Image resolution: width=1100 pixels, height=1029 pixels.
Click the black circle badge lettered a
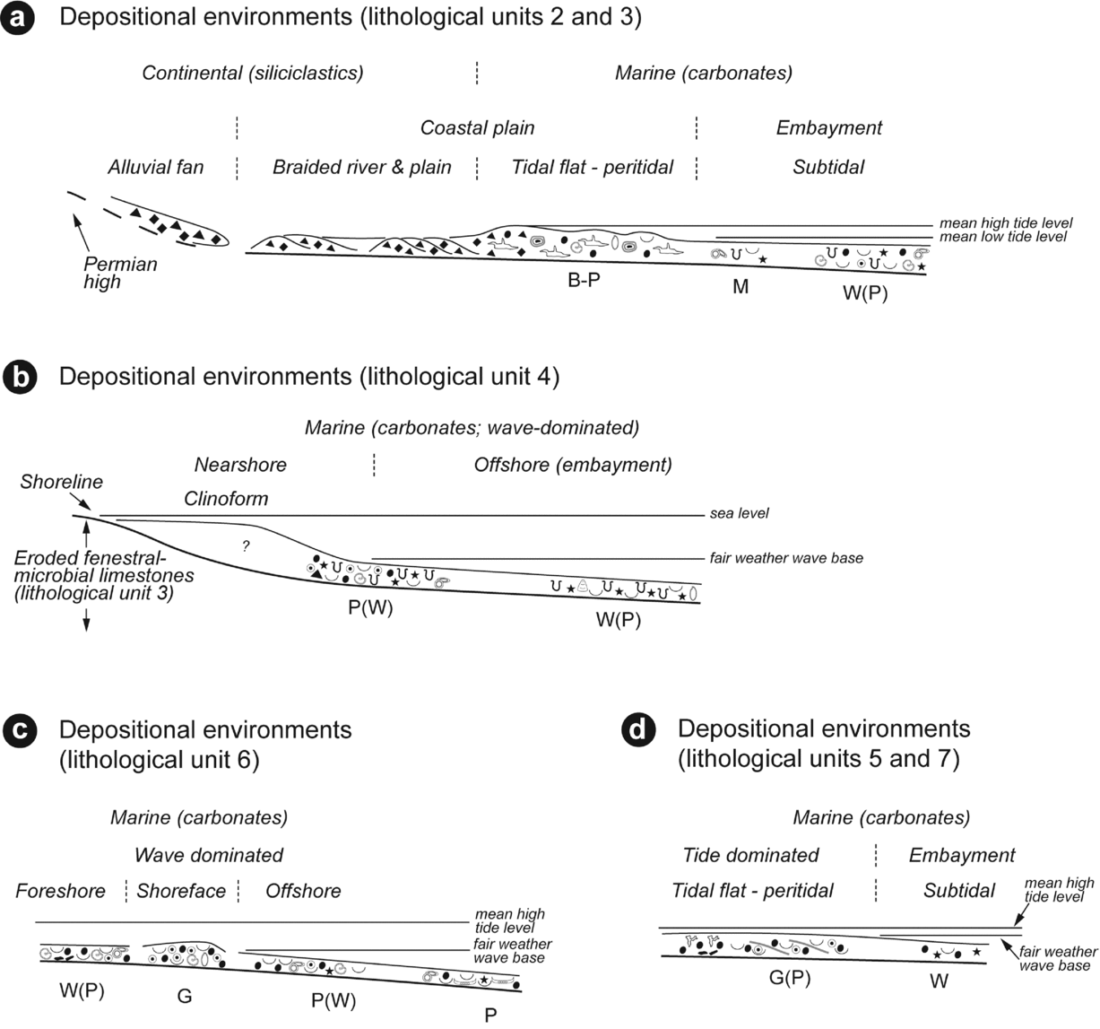tap(20, 20)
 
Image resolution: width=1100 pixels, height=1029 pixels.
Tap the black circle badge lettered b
tap(20, 378)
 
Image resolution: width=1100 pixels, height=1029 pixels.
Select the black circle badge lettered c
tap(20, 731)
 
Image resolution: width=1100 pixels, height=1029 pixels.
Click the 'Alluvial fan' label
tap(156, 167)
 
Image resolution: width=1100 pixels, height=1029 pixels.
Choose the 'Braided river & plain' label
tap(362, 167)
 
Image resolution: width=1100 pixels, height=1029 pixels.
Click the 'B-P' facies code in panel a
tap(584, 280)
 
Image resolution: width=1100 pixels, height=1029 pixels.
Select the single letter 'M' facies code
tap(741, 286)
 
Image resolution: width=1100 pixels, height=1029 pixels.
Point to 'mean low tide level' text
tap(1003, 237)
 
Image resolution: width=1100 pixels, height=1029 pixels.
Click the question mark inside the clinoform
tap(246, 545)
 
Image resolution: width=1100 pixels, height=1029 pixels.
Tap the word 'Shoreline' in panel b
tap(62, 482)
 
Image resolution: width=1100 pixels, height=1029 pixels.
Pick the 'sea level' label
tap(739, 513)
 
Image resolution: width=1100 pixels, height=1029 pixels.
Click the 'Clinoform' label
tap(226, 499)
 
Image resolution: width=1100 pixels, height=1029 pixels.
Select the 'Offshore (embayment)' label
tap(573, 465)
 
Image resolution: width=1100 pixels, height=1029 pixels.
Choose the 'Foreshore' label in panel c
tap(60, 891)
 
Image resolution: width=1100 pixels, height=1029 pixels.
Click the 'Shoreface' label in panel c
tap(181, 891)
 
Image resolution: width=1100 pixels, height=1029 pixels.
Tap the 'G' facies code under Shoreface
tap(185, 996)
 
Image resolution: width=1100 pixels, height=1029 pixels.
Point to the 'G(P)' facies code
tap(790, 978)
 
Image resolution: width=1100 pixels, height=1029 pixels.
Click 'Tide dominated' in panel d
tap(751, 855)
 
